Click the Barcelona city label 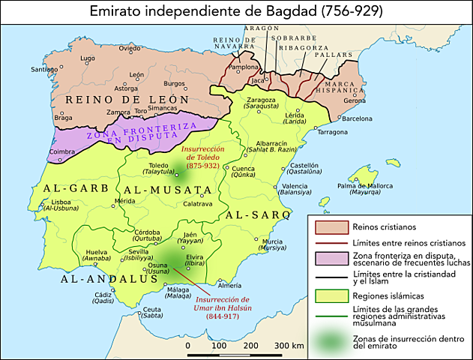357,118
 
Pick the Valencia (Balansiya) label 294,189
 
